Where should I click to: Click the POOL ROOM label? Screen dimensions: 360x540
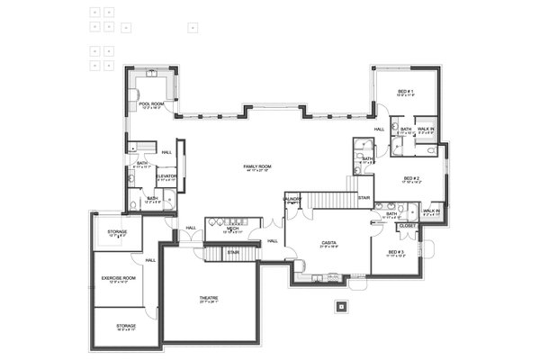(x=151, y=104)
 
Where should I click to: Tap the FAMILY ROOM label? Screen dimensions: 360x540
(x=257, y=166)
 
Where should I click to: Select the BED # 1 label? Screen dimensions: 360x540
(x=405, y=92)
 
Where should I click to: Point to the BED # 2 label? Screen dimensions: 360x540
(x=412, y=177)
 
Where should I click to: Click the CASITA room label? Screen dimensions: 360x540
(x=328, y=242)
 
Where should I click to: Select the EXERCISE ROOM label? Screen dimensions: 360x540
(x=117, y=278)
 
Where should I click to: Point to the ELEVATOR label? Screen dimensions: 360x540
(x=166, y=175)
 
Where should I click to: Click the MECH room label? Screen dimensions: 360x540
(x=232, y=229)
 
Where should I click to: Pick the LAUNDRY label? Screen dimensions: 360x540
(x=292, y=198)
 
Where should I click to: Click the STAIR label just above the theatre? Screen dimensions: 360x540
(x=233, y=252)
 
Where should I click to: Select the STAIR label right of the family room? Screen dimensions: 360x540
(x=364, y=197)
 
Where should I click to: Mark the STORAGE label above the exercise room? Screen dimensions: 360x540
(x=117, y=231)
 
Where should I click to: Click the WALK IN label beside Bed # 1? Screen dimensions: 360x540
(x=426, y=130)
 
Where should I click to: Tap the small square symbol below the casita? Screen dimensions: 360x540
(x=340, y=306)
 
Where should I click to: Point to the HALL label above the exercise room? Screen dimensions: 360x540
(x=150, y=260)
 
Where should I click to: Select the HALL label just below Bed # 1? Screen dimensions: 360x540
(x=379, y=129)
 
